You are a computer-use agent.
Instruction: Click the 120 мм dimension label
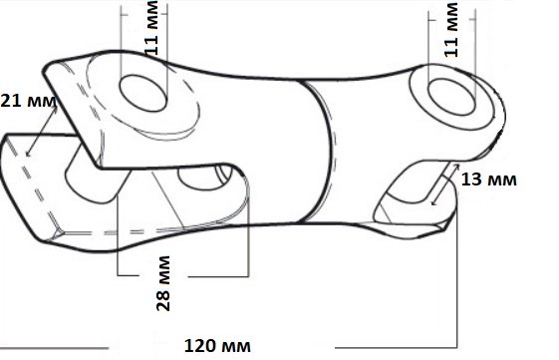click(x=217, y=346)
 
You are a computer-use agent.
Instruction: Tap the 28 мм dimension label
click(x=163, y=283)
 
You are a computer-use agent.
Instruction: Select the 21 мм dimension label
click(x=28, y=101)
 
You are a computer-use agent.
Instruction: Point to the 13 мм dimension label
click(x=489, y=180)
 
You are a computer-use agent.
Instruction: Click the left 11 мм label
click(x=152, y=28)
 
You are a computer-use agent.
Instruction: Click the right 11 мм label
click(x=451, y=30)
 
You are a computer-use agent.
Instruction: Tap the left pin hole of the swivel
click(x=142, y=93)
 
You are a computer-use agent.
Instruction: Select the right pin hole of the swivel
click(x=451, y=97)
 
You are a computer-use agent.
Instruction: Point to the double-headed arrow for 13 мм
click(x=445, y=184)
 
